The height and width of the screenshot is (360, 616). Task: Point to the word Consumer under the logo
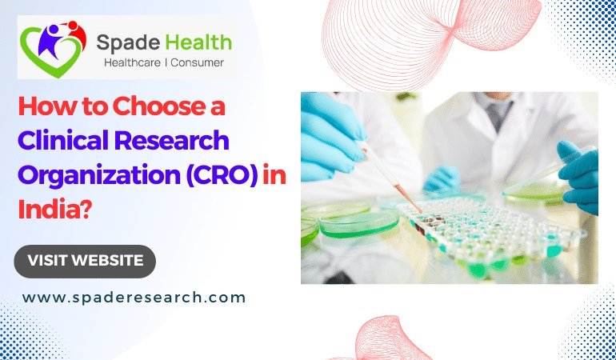point(196,62)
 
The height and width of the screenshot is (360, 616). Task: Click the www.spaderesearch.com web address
point(134,298)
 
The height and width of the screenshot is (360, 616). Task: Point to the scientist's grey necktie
point(499,113)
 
